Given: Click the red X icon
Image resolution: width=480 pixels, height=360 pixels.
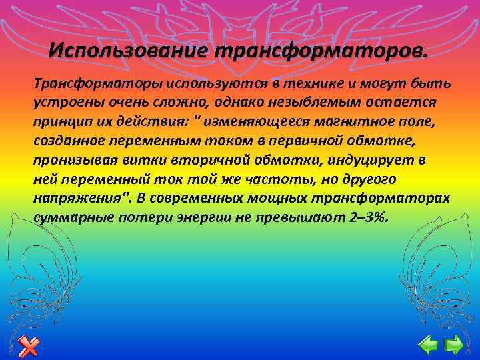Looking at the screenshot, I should coord(29,345).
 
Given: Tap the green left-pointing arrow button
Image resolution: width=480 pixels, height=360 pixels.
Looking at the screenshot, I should coord(427,345).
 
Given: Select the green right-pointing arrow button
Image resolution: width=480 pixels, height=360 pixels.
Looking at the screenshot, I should coord(454,345).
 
